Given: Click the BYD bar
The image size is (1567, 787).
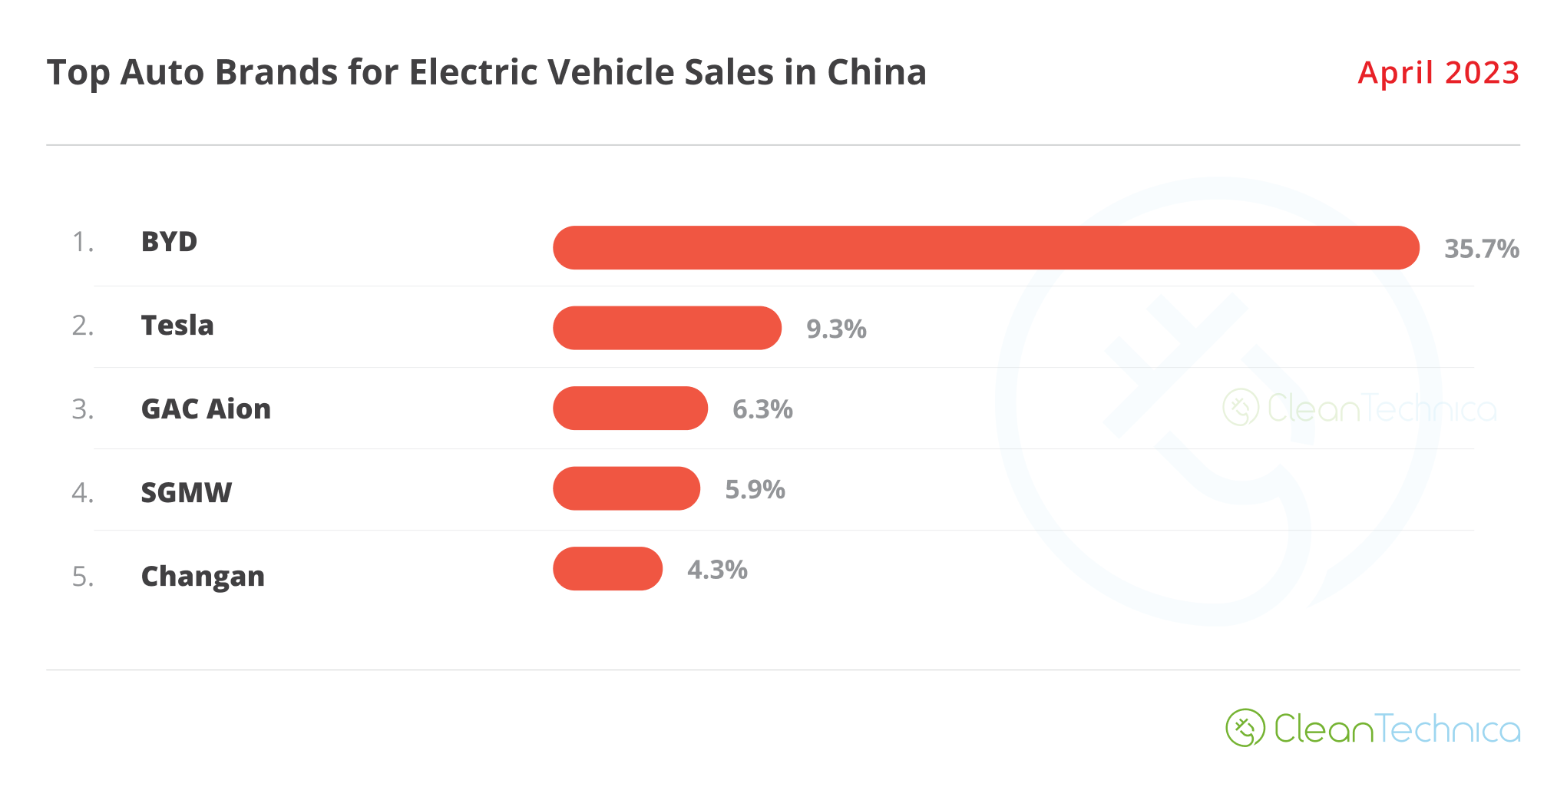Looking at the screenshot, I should [x=986, y=247].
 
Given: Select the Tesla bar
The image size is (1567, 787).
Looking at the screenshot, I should [x=667, y=328].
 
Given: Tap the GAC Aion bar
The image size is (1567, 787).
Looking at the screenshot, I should [x=630, y=408].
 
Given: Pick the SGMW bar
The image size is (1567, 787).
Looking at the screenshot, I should [x=626, y=488].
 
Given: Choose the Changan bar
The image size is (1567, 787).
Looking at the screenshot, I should [x=607, y=568].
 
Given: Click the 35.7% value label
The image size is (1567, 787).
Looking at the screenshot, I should [x=1481, y=249].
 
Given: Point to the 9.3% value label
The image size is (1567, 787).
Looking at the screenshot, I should [x=836, y=329].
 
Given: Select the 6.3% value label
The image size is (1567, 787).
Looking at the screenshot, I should [x=762, y=409].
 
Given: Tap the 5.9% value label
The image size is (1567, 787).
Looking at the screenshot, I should [x=755, y=490].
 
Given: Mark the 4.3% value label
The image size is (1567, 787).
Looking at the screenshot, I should [x=717, y=570].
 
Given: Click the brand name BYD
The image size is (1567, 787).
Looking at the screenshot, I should [x=169, y=242].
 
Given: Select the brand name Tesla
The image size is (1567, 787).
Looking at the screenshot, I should [x=177, y=326].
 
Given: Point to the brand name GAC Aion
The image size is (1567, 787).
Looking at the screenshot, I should [x=206, y=409].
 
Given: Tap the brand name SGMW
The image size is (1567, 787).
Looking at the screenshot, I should [x=186, y=493].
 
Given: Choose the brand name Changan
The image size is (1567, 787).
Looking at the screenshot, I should [x=203, y=577].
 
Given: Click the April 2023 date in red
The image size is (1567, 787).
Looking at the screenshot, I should [x=1438, y=73].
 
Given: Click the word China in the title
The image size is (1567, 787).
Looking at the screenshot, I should [x=876, y=73].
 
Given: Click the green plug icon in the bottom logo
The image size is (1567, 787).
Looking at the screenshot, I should [x=1245, y=728].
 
